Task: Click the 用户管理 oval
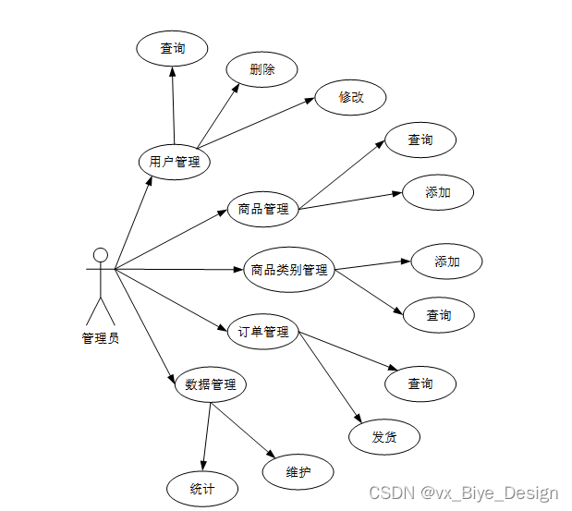pyautogui.click(x=174, y=163)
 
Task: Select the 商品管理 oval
pyautogui.click(x=263, y=209)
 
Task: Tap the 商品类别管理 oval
pyautogui.click(x=289, y=270)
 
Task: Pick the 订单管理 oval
pyautogui.click(x=263, y=332)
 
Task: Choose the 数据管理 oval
pyautogui.click(x=211, y=384)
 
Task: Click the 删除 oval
pyautogui.click(x=262, y=69)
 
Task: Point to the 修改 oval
pyautogui.click(x=350, y=97)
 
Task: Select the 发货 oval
pyautogui.click(x=384, y=437)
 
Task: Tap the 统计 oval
pyautogui.click(x=201, y=489)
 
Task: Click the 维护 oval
pyautogui.click(x=298, y=472)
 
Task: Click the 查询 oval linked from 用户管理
pyautogui.click(x=173, y=48)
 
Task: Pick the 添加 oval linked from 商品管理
pyautogui.click(x=438, y=192)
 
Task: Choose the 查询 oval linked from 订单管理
pyautogui.click(x=420, y=383)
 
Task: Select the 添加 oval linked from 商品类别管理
pyautogui.click(x=447, y=262)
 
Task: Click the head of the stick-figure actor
pyautogui.click(x=101, y=255)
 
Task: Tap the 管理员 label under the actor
pyautogui.click(x=101, y=338)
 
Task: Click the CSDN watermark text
pyautogui.click(x=462, y=493)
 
